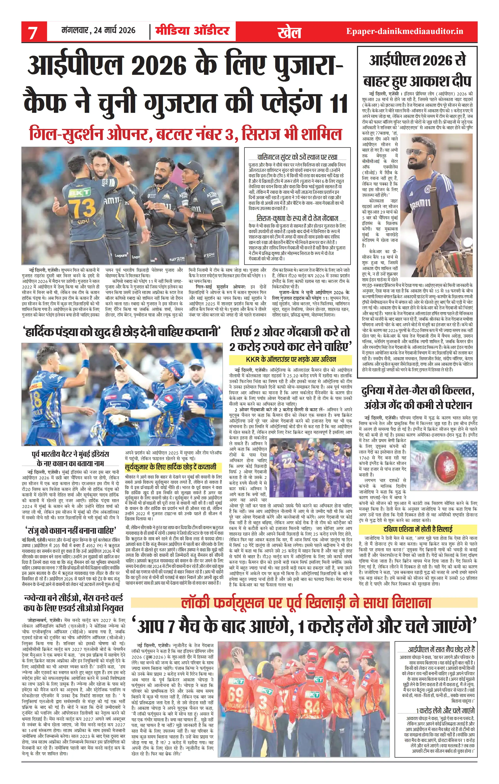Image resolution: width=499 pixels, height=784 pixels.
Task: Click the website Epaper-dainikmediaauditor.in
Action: (405, 31)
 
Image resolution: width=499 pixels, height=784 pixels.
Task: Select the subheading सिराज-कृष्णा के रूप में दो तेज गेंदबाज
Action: (297, 218)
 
